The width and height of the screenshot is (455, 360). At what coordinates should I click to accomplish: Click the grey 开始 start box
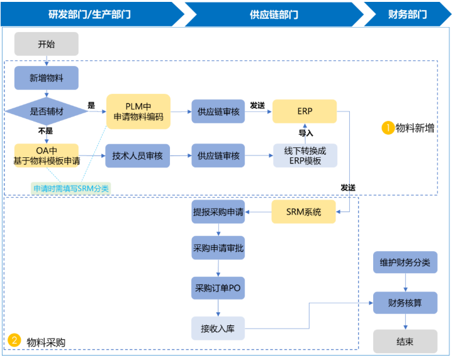[x=47, y=44]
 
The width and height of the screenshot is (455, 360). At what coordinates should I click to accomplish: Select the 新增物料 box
[x=47, y=79]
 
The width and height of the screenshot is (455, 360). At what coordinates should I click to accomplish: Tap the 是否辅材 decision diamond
[x=47, y=111]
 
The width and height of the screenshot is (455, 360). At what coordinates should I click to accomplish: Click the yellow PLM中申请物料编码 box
[x=138, y=111]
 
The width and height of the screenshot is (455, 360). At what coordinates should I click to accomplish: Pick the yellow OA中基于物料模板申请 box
[x=47, y=155]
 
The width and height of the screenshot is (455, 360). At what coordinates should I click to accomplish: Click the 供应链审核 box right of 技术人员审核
[x=218, y=155]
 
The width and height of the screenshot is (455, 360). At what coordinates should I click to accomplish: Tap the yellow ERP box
[x=305, y=111]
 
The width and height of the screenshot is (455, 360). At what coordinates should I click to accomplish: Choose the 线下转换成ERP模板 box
[x=305, y=155]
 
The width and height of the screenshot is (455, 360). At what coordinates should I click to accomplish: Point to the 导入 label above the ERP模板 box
[x=306, y=133]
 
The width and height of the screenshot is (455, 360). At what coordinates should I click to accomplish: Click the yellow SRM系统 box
[x=303, y=212]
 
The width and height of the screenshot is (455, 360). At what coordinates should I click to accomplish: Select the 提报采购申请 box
[x=218, y=212]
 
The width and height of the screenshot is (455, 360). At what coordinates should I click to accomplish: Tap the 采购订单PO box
[x=218, y=288]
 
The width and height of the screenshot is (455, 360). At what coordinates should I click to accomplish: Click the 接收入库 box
[x=218, y=328]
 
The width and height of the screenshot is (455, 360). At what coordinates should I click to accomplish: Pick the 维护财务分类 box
[x=405, y=262]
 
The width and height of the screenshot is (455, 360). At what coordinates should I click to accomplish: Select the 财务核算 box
[x=405, y=303]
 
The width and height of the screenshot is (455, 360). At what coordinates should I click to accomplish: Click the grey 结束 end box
[x=405, y=342]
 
